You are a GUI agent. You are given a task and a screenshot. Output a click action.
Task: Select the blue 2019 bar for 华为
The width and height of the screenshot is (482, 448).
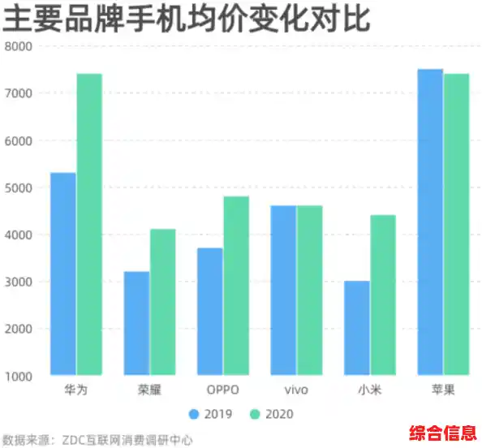[63, 274]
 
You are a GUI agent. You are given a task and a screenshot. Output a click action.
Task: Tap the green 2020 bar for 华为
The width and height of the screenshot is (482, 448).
[89, 225]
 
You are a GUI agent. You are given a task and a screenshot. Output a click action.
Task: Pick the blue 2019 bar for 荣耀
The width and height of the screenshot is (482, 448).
[136, 324]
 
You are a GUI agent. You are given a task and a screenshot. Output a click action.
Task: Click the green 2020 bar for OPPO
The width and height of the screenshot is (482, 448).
[236, 286]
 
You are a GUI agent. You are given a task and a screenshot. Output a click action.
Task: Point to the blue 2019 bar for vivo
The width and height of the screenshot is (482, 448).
[283, 291]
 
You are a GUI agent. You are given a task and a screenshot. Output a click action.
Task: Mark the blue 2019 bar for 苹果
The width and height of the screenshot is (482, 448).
[430, 222]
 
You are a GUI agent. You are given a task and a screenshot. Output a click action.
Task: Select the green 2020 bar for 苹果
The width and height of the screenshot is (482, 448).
[456, 225]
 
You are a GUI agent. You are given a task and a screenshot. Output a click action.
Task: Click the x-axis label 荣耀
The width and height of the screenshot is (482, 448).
[149, 391]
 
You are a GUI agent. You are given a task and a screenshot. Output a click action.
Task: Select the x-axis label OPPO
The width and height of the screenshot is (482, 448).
[223, 391]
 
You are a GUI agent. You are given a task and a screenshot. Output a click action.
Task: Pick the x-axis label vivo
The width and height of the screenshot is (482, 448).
[297, 391]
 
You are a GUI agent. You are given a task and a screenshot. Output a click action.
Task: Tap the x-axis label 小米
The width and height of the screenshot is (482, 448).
[370, 391]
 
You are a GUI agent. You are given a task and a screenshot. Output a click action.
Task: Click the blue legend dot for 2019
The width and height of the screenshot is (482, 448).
[194, 414]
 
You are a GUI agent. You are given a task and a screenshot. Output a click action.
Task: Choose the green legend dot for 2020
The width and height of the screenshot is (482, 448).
[255, 414]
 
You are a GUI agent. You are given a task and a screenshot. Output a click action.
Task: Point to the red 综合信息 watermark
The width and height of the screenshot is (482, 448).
[443, 430]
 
